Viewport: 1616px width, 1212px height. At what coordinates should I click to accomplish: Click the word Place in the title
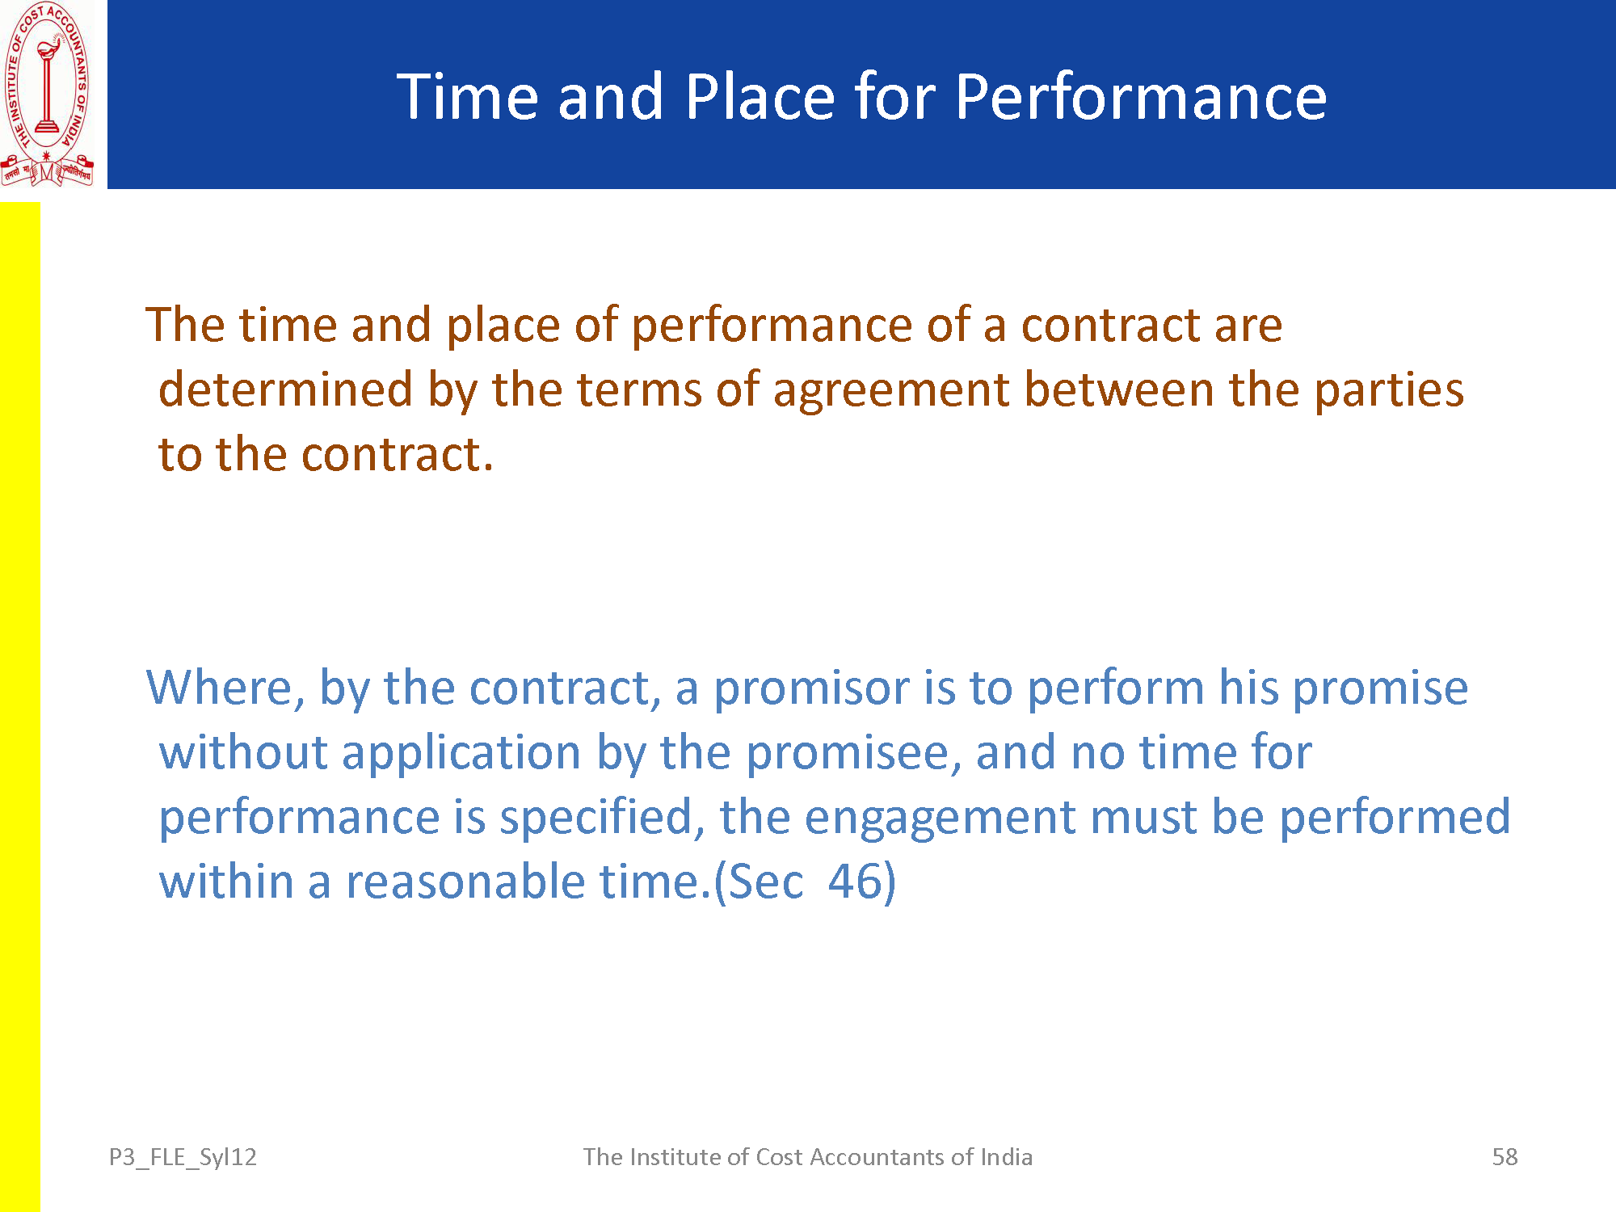point(760,96)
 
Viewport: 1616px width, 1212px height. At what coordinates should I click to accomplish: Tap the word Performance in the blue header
point(1141,96)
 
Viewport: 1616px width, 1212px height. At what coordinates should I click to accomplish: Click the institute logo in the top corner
point(48,95)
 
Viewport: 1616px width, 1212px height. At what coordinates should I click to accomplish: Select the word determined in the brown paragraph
point(286,389)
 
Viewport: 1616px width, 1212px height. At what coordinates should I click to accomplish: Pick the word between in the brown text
point(1120,389)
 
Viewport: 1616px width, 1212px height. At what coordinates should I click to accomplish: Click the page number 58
point(1504,1157)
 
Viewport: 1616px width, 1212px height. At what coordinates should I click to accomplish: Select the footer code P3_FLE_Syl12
point(183,1158)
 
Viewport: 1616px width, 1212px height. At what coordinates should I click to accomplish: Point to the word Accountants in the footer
point(876,1157)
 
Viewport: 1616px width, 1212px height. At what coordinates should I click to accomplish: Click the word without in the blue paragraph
point(243,753)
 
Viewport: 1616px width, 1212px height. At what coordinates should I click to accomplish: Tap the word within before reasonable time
point(226,882)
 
